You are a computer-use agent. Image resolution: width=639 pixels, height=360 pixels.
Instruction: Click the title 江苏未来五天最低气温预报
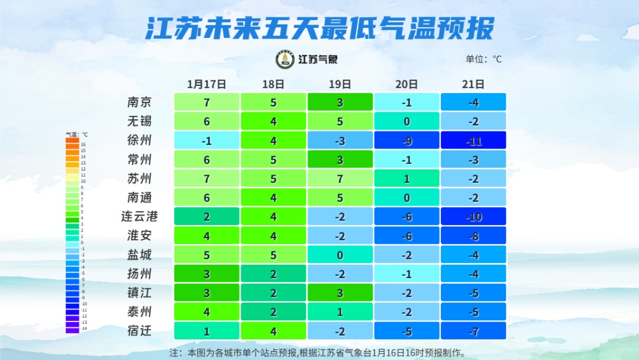[319, 28]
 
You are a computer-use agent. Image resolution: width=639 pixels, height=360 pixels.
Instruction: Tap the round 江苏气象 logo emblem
[285, 59]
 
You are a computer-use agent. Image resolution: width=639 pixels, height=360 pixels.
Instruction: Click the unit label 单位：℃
[483, 59]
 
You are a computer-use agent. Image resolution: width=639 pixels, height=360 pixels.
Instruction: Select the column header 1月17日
[206, 84]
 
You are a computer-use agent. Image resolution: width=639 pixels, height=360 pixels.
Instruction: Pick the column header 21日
[473, 84]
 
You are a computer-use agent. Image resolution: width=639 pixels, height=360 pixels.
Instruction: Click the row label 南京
[140, 102]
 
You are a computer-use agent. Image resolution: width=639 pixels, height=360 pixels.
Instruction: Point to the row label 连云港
[140, 216]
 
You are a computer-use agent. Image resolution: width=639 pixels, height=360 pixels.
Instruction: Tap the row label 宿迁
[140, 330]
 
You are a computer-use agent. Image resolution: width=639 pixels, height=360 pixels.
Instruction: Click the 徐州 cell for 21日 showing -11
[473, 140]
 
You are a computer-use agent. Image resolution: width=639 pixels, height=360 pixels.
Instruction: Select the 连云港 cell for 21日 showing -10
[473, 217]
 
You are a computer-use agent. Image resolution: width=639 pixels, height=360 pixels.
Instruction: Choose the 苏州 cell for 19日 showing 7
[340, 178]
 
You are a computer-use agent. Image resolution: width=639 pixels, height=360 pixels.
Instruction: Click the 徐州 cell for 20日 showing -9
[406, 140]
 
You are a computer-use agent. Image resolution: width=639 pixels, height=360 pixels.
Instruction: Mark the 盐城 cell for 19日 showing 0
[340, 255]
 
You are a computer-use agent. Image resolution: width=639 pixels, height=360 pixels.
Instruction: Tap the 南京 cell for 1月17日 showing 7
[206, 102]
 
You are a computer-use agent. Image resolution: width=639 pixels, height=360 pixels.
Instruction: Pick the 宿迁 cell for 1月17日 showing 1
[206, 330]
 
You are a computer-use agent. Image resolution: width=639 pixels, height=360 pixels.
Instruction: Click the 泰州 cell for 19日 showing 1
[340, 311]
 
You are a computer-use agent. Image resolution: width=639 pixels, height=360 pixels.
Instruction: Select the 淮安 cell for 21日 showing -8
[473, 236]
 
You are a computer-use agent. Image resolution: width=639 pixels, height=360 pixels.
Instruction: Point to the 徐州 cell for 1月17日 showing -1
[206, 140]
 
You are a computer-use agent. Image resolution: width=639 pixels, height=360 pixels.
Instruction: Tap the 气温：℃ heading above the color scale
[76, 134]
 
